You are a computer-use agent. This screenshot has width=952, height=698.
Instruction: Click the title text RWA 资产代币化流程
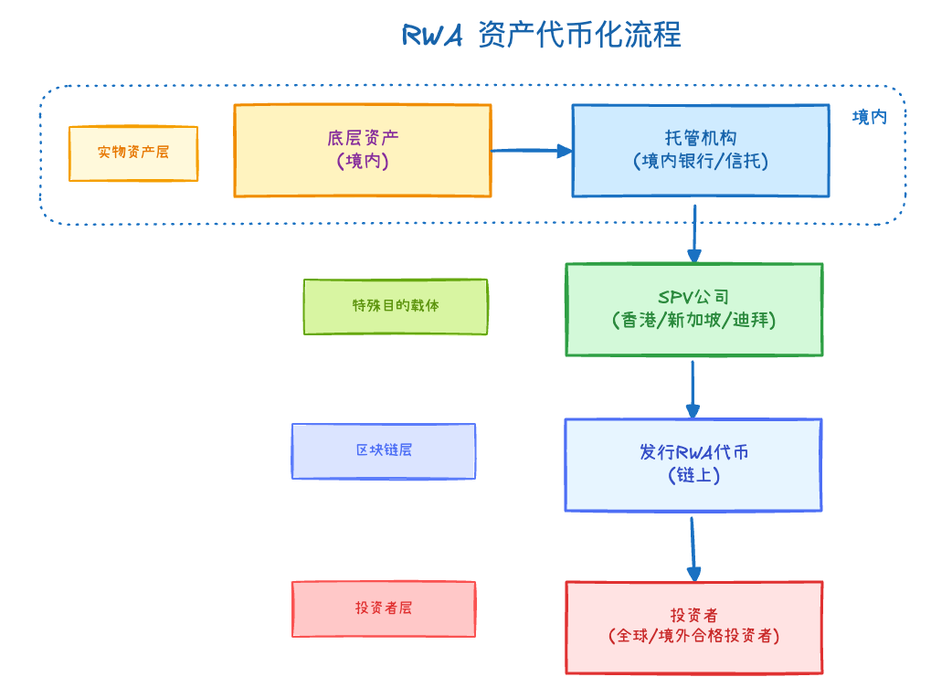[542, 36]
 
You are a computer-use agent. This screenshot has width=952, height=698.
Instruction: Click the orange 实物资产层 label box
[133, 153]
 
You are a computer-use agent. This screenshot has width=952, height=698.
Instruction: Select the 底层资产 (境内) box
[362, 150]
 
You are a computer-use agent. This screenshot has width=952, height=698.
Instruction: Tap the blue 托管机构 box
[700, 150]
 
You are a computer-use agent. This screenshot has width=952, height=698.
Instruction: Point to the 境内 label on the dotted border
[869, 117]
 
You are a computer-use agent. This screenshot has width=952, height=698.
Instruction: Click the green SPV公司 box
[693, 309]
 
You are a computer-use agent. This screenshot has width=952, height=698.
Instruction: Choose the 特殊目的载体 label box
[395, 306]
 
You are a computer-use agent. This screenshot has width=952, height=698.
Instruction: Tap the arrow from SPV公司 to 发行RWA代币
[693, 388]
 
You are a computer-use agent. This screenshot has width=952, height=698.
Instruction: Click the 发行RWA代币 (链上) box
[693, 464]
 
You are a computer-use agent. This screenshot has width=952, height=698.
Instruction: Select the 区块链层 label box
[384, 450]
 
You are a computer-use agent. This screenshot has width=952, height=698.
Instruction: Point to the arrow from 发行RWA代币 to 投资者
[693, 548]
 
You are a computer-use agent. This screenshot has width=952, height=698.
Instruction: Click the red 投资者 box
[693, 627]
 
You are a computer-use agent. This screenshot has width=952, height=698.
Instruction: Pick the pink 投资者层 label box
[384, 608]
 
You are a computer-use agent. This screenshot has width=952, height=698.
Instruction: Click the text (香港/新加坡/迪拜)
[693, 322]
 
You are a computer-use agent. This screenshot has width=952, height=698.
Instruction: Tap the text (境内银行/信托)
[700, 162]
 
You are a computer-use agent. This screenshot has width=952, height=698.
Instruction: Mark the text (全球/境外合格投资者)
[693, 637]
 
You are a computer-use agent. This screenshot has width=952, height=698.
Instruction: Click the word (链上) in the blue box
[693, 476]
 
